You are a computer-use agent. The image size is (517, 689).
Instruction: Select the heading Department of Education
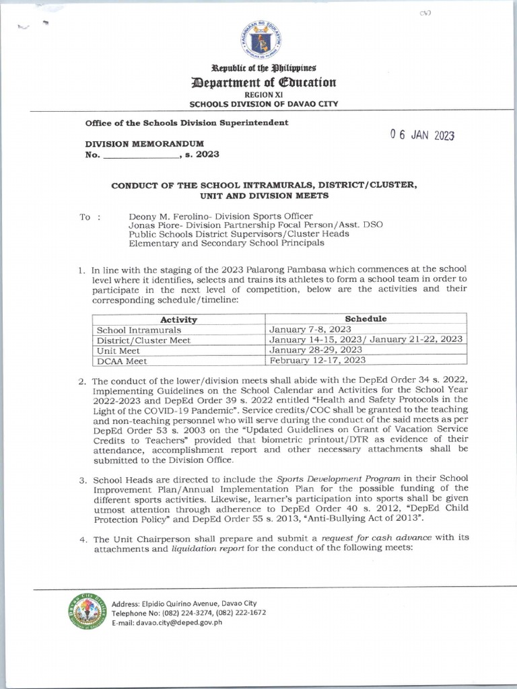(x=263, y=83)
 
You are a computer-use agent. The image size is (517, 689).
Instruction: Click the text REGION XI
(x=263, y=95)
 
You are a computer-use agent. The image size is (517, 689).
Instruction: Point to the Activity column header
(x=178, y=320)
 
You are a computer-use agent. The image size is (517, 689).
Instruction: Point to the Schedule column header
(x=366, y=319)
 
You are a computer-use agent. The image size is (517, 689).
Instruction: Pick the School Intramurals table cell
(x=139, y=330)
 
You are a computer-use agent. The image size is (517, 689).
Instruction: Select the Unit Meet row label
(x=118, y=351)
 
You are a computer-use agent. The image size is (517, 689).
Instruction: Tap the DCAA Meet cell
(x=122, y=361)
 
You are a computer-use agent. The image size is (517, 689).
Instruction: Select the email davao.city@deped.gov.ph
(x=173, y=622)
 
